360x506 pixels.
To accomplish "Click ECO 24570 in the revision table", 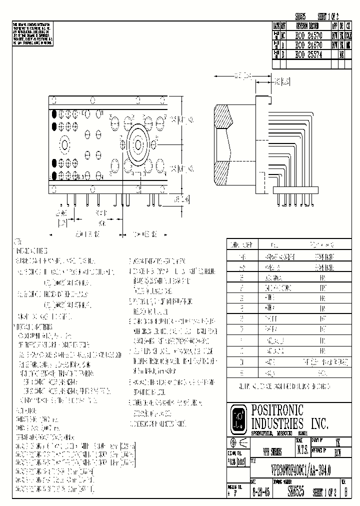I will point(305,36).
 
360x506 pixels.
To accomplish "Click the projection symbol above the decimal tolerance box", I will point(238,442).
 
